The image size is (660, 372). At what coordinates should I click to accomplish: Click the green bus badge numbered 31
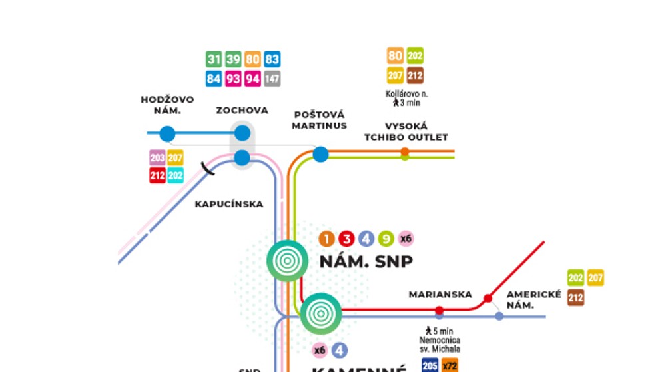[214, 59]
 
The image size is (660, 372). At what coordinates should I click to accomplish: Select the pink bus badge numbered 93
[233, 79]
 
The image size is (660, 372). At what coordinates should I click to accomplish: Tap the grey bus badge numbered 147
[272, 79]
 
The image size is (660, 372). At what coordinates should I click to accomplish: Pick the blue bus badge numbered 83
[272, 59]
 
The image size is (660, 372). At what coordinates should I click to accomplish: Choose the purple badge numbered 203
[157, 158]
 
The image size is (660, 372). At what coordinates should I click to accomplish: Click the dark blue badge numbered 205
[430, 365]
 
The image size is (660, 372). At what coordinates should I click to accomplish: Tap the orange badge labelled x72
[450, 365]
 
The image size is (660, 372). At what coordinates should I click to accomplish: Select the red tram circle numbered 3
[346, 239]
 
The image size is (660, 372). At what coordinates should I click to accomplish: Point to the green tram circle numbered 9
[385, 239]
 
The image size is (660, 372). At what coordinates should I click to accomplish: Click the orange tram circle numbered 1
[326, 239]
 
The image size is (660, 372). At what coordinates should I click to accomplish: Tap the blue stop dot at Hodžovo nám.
[167, 134]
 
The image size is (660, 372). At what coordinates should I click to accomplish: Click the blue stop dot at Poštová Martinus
[321, 155]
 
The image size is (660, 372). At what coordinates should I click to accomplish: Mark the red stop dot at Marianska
[439, 310]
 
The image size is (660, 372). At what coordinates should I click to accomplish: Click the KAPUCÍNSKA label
[229, 204]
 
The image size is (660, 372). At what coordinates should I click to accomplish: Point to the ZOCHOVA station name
[242, 111]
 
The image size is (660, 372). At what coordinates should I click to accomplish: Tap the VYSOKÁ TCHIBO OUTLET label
[406, 132]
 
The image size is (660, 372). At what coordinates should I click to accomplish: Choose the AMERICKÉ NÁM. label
[534, 299]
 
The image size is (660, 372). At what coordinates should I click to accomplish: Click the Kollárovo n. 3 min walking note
[406, 98]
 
